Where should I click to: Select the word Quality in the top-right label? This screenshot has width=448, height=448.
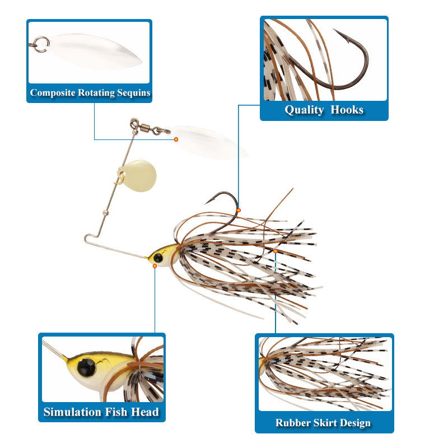point(304,110)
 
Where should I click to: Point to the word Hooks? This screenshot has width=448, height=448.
point(347,110)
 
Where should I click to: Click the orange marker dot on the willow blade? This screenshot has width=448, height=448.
point(176,139)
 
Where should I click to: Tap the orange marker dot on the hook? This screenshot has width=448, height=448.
point(239,210)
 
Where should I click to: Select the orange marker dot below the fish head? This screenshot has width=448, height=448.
point(155,265)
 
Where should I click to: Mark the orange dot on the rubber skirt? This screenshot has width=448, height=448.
point(276,251)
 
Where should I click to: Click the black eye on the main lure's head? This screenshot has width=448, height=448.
point(158,257)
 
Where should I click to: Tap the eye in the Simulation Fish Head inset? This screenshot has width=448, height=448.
point(86,366)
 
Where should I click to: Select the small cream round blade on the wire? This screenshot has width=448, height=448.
point(138,176)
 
